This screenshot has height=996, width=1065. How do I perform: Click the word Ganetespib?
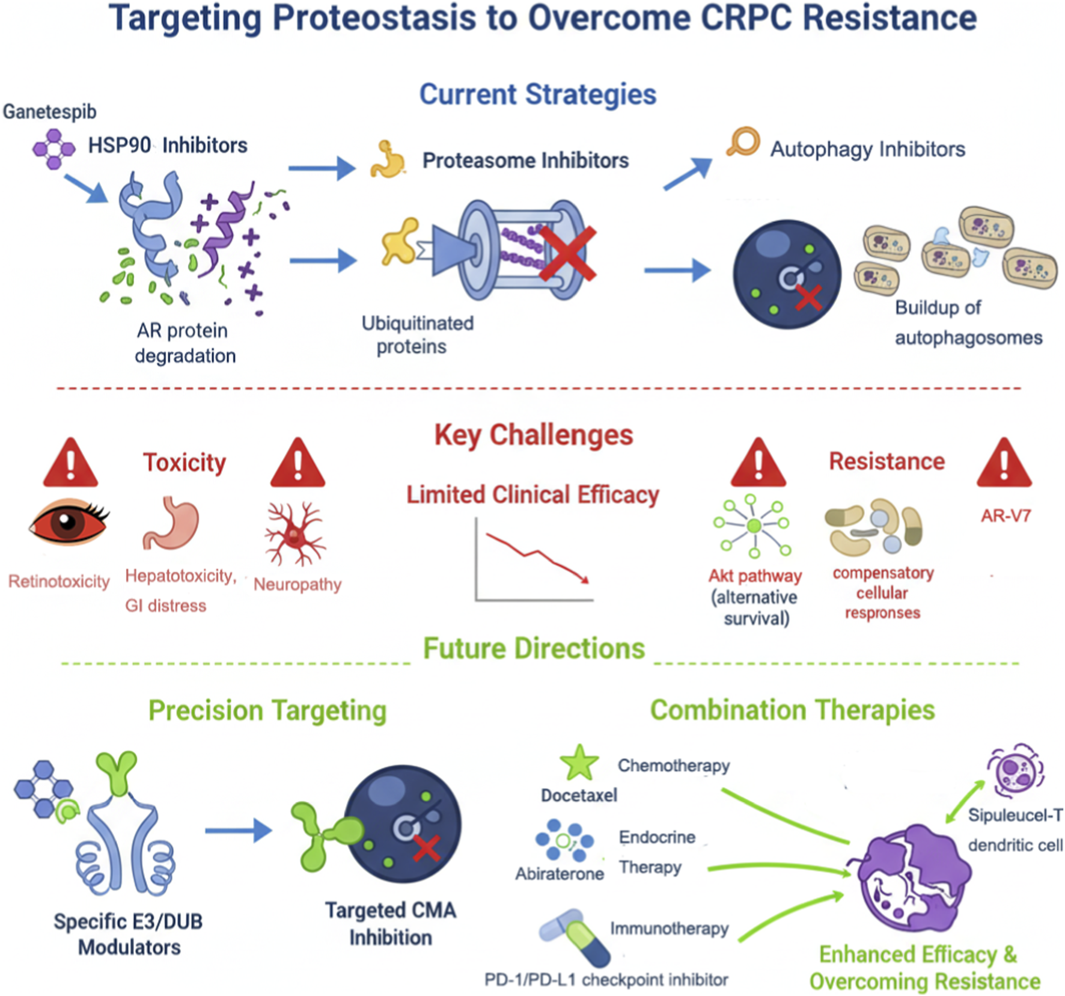(49, 112)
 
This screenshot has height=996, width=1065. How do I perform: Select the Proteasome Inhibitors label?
(525, 161)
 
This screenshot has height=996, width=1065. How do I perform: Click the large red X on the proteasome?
(567, 253)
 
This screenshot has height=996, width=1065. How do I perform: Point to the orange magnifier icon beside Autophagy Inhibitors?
(743, 142)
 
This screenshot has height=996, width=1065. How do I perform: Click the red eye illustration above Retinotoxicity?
(69, 521)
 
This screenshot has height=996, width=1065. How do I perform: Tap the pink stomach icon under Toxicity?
(171, 523)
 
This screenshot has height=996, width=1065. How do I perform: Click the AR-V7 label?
(1005, 515)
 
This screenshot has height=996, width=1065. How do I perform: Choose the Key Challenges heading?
(533, 435)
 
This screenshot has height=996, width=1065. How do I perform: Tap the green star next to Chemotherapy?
(579, 763)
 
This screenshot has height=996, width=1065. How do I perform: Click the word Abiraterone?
(559, 873)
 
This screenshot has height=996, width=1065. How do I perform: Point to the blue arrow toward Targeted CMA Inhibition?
(238, 831)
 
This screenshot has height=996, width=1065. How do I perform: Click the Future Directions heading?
(533, 648)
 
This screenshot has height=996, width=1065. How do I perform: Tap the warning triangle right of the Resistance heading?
(1004, 464)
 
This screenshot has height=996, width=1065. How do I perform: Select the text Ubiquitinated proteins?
(417, 334)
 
